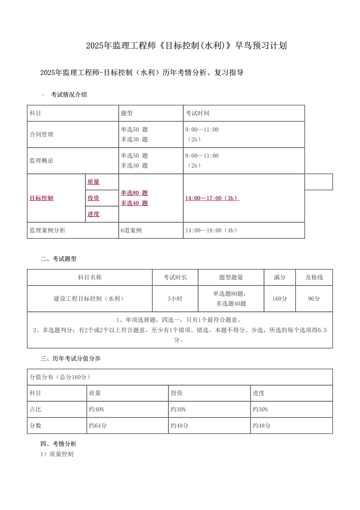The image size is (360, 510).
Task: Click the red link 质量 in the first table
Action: click(x=93, y=182)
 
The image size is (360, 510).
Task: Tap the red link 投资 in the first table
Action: click(x=93, y=198)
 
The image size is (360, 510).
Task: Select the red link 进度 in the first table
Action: click(x=93, y=214)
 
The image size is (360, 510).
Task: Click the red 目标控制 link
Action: click(x=41, y=198)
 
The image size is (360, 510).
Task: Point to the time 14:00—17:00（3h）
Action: click(x=212, y=198)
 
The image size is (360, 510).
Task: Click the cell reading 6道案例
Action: click(x=131, y=231)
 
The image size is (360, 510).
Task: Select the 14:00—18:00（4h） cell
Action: click(x=212, y=231)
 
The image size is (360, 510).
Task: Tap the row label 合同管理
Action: click(x=41, y=135)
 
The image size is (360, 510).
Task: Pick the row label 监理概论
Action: click(x=41, y=161)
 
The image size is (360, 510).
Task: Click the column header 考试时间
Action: click(x=197, y=113)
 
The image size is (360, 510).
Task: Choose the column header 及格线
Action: click(x=314, y=278)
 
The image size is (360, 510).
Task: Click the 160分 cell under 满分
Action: click(x=280, y=299)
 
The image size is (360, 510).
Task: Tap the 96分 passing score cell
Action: click(x=314, y=299)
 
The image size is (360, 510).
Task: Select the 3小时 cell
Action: click(x=175, y=299)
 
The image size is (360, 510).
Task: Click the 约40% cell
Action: click(x=96, y=410)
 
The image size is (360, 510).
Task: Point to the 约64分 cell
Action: click(x=98, y=426)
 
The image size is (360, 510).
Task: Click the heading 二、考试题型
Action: click(x=58, y=259)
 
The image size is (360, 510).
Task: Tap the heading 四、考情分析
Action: click(x=58, y=444)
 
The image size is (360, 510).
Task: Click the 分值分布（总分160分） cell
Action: click(x=60, y=377)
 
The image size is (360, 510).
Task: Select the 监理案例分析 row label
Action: click(x=47, y=231)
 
